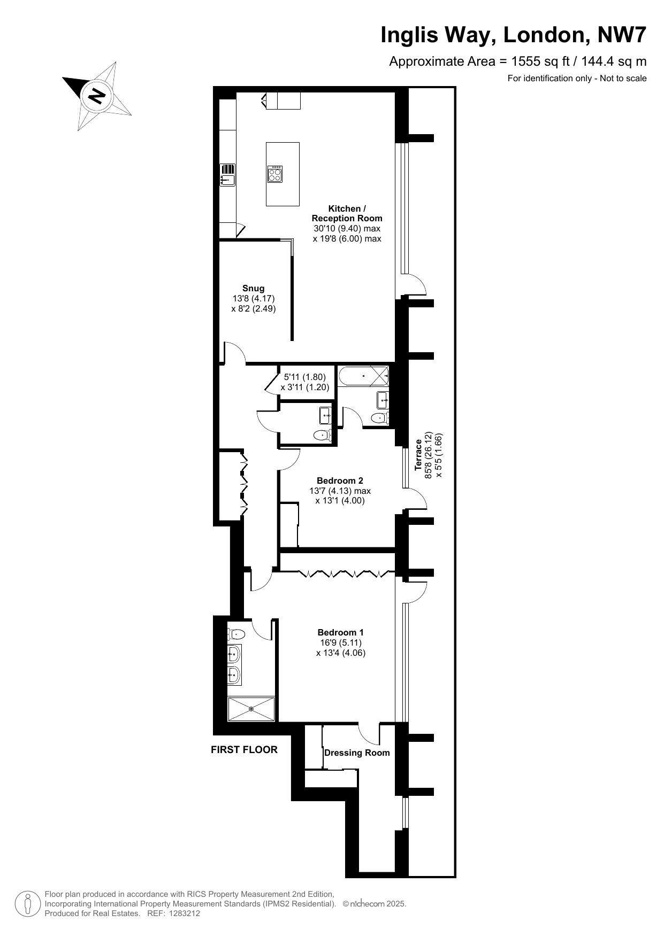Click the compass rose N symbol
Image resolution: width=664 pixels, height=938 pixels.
(x=97, y=96)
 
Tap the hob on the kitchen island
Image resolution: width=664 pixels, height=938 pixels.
(x=276, y=174)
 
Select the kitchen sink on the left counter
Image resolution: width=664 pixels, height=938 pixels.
(x=227, y=175)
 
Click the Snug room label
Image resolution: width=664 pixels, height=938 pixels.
(x=253, y=289)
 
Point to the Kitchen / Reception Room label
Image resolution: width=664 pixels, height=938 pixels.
(x=347, y=213)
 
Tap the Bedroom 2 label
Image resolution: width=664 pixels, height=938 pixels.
(x=340, y=480)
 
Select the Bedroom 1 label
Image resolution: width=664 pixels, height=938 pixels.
(x=340, y=632)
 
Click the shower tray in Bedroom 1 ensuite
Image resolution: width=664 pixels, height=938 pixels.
(x=251, y=709)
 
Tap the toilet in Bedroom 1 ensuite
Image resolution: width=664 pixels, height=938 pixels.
(x=236, y=634)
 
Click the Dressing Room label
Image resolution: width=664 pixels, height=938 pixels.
(x=357, y=753)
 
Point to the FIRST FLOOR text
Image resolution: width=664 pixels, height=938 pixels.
(x=244, y=750)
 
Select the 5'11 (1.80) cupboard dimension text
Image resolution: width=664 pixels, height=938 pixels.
(x=304, y=377)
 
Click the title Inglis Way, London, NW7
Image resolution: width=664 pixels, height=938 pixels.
(x=513, y=35)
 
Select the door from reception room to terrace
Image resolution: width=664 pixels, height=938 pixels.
(x=415, y=283)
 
